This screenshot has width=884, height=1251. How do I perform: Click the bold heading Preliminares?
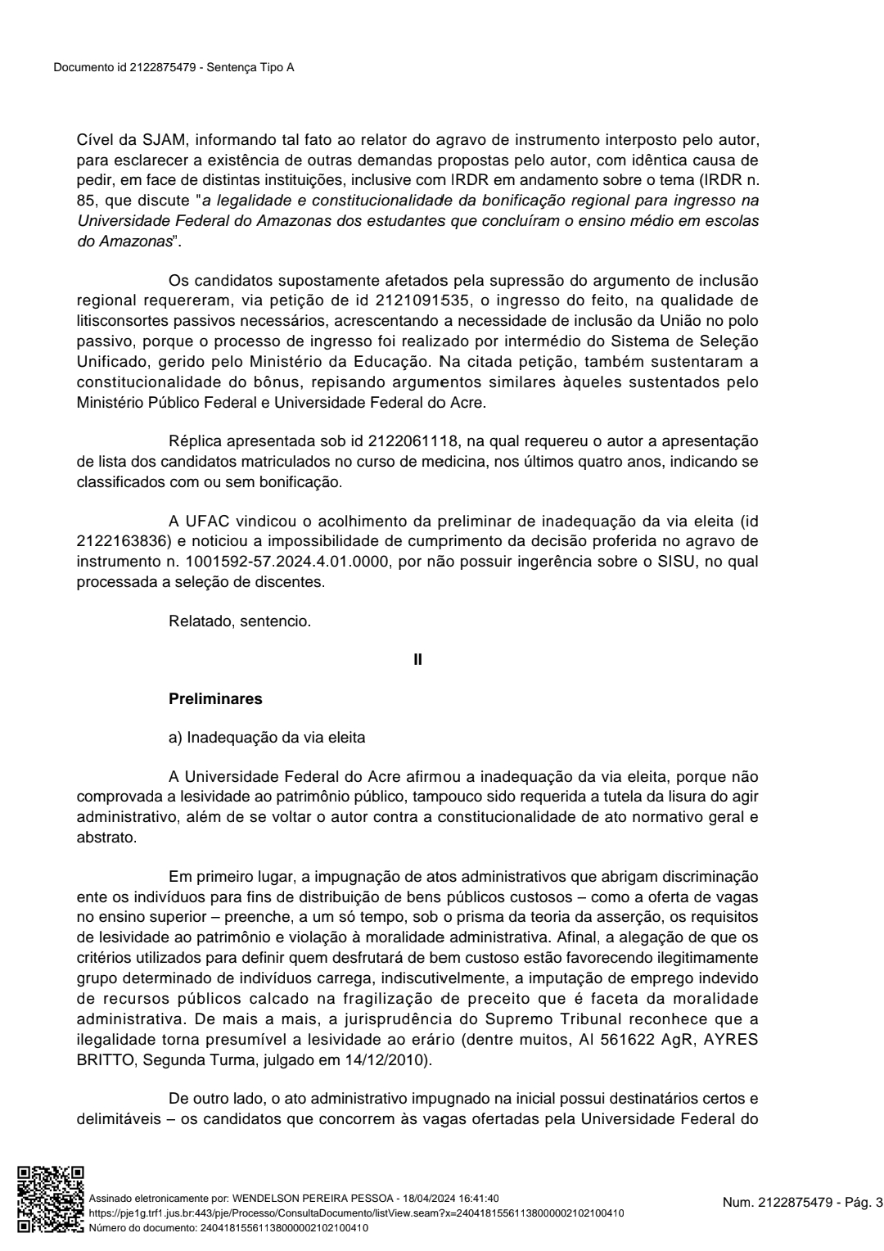click(x=215, y=699)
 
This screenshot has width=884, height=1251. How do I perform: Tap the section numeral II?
click(x=418, y=660)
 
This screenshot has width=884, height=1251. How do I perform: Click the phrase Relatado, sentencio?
click(x=240, y=621)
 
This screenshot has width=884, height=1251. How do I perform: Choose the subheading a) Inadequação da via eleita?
click(x=267, y=738)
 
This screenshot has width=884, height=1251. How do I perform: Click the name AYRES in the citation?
click(x=729, y=1041)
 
